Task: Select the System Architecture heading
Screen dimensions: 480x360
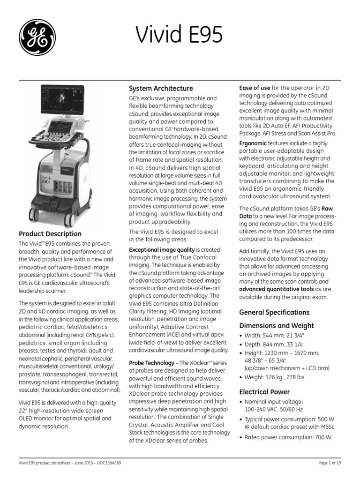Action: tap(161, 89)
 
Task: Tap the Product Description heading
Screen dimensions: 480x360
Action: tap(50, 234)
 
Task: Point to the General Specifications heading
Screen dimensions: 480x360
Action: tap(274, 312)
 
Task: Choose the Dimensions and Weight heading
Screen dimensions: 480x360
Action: tap(277, 326)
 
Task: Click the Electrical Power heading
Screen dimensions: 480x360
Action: tap(264, 392)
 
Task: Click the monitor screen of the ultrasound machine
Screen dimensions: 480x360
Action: tap(63, 102)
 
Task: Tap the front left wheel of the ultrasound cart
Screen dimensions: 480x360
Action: tap(34, 215)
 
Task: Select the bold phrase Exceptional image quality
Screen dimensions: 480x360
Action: tap(162, 250)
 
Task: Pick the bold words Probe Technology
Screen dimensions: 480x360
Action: tap(151, 363)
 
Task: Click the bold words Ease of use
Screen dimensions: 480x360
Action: tap(255, 88)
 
